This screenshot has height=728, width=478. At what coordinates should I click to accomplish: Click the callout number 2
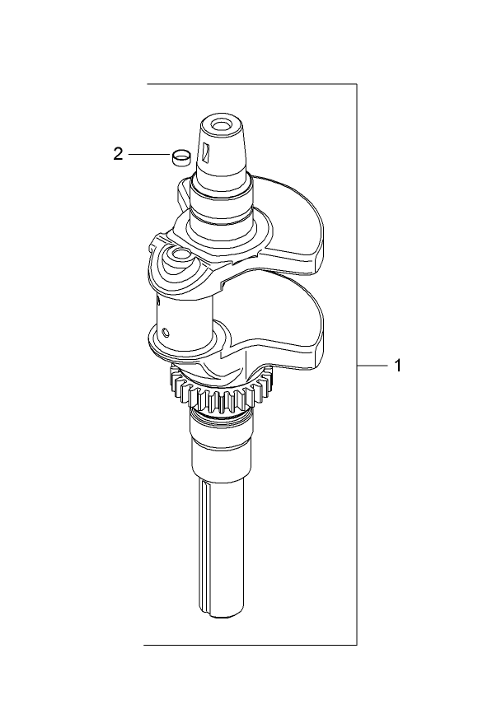coord(119,154)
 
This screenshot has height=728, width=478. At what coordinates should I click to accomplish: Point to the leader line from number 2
coord(148,154)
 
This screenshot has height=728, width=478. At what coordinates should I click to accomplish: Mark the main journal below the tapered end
coord(221,202)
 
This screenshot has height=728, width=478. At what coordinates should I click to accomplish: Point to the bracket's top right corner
coord(356,84)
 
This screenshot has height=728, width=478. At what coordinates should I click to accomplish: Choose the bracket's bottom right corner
coord(356,644)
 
